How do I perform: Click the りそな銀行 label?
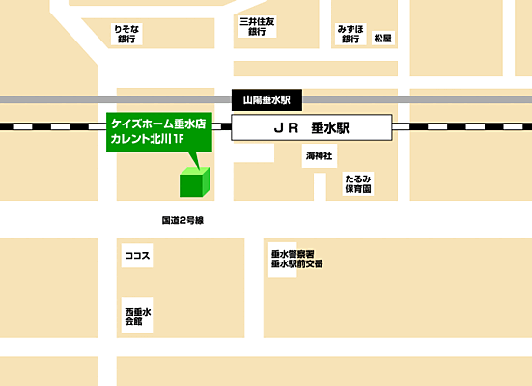tap(126, 35)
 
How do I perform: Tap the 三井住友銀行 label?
tap(256, 26)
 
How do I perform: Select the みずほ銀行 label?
tap(350, 35)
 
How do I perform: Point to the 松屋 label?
tap(383, 39)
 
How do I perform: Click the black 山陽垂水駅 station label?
tap(267, 99)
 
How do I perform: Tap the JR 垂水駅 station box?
tap(311, 126)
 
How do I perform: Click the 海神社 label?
tap(319, 154)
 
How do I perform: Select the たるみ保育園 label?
tap(357, 184)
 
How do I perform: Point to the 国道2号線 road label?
tap(182, 220)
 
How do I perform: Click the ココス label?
tap(136, 257)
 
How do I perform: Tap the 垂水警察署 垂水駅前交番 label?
tap(296, 258)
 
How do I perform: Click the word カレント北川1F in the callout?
tap(148, 140)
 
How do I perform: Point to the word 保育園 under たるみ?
tap(357, 190)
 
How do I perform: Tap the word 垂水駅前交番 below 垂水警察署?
tap(296, 263)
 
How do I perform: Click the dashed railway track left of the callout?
tap(48, 126)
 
